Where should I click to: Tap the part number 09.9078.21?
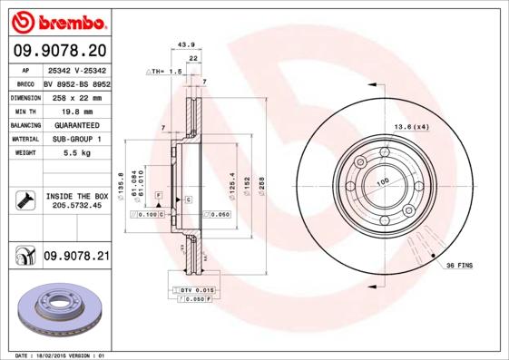pyautogui.click(x=76, y=258)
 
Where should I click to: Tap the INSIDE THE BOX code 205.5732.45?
pyautogui.click(x=77, y=206)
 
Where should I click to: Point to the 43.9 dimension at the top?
pyautogui.click(x=186, y=44)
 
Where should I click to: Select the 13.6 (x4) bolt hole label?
pyautogui.click(x=410, y=126)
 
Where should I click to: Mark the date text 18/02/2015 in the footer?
pyautogui.click(x=56, y=355)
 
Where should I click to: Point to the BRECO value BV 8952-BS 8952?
pyautogui.click(x=77, y=82)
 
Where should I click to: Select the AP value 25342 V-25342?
pyautogui.click(x=77, y=68)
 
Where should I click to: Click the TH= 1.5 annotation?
pyautogui.click(x=166, y=70)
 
